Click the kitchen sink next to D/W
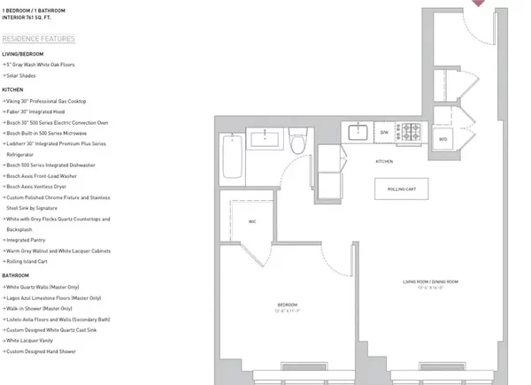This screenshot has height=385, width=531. [x=358, y=133]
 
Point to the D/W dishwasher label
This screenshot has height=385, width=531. [x=384, y=133]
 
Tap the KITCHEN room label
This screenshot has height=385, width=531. [x=383, y=161]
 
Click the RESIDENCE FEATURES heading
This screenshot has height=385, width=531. [x=38, y=39]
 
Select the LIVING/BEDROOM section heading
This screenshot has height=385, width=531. [x=24, y=53]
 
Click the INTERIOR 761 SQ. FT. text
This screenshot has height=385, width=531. [x=29, y=15]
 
